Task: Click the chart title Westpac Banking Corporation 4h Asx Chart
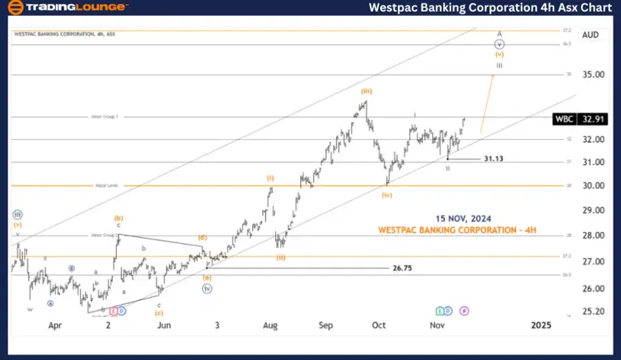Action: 491,8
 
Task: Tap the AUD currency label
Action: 591,34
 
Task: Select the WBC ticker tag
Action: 564,119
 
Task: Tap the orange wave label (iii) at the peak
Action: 366,91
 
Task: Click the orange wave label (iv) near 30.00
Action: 388,195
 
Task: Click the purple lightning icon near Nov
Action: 464,311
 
